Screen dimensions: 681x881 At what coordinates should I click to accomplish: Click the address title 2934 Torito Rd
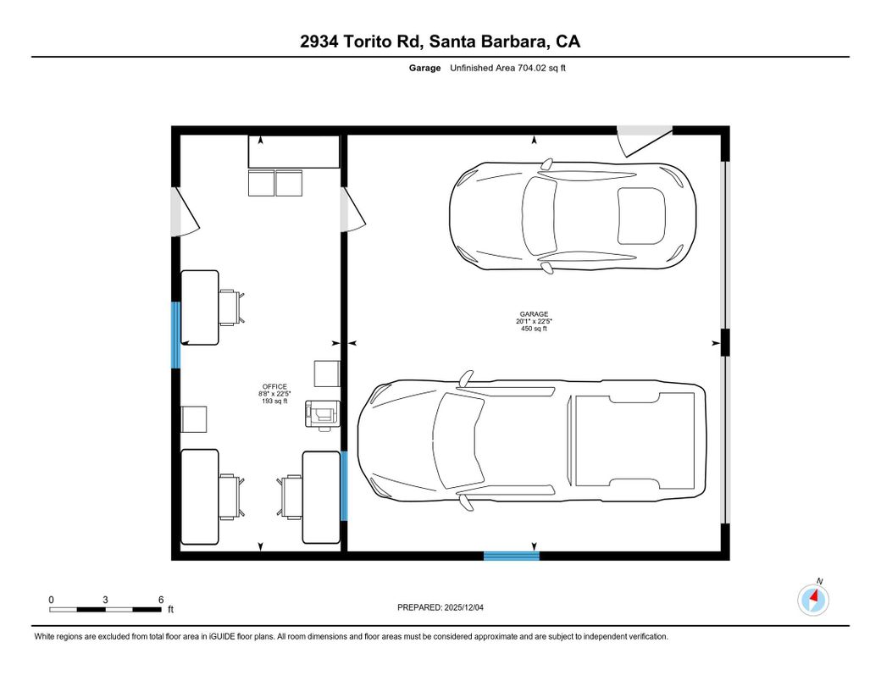point(440,42)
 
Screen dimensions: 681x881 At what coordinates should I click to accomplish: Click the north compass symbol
point(814,600)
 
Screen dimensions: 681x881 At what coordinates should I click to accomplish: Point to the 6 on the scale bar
point(160,599)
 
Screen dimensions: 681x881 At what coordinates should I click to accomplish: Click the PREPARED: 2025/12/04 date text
point(441,607)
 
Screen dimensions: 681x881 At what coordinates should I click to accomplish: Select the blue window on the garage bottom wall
point(511,556)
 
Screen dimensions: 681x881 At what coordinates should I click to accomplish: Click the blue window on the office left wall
point(176,335)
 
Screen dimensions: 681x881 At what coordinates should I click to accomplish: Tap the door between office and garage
point(352,209)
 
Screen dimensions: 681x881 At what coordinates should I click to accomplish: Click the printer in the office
point(323,412)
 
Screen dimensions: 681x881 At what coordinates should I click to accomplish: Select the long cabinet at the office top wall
point(293,152)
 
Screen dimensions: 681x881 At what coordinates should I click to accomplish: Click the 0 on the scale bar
point(51,599)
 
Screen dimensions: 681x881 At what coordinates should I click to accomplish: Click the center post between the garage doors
point(723,341)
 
